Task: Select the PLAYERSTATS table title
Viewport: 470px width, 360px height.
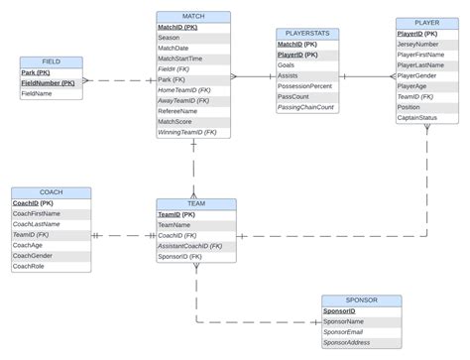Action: click(306, 34)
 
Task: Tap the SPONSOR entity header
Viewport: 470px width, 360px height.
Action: click(361, 300)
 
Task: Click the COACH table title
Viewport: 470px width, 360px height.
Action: click(51, 192)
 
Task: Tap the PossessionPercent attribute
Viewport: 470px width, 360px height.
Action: click(312, 86)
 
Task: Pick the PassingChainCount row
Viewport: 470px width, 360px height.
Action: click(306, 107)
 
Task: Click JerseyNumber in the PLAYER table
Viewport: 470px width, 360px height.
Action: click(417, 44)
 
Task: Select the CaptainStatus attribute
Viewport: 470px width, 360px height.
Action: click(417, 118)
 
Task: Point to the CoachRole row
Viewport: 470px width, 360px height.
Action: click(30, 266)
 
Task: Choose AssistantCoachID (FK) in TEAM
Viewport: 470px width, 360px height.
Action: click(190, 246)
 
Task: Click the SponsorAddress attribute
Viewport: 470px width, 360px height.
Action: click(348, 343)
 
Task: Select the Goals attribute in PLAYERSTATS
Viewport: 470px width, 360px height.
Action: click(288, 64)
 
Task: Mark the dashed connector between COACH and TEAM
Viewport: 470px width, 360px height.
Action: click(123, 236)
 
